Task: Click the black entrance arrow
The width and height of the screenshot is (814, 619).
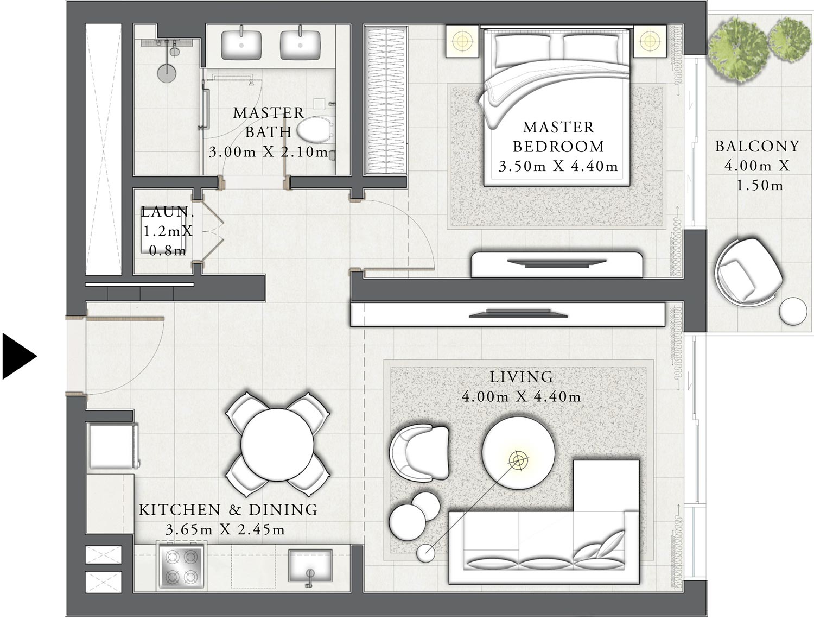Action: click(18, 356)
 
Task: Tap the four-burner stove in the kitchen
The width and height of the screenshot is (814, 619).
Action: click(181, 566)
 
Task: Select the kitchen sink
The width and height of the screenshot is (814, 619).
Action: click(310, 567)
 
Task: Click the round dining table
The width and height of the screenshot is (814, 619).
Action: click(277, 444)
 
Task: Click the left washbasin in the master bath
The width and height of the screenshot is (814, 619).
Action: click(241, 45)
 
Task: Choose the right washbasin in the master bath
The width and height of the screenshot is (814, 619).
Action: click(300, 45)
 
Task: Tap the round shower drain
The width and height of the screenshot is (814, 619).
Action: click(167, 73)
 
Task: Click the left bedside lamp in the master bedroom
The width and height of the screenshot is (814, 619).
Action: click(462, 40)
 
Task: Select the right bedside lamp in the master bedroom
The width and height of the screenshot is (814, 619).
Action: click(649, 40)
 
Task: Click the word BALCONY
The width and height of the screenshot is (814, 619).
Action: click(757, 146)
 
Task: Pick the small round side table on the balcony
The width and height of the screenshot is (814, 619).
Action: click(793, 311)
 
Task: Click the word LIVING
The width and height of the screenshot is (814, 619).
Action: click(521, 377)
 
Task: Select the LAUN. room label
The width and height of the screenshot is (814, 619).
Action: click(167, 212)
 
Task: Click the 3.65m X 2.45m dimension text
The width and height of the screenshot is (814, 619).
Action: click(225, 529)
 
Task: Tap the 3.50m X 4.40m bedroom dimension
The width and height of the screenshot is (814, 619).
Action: click(558, 166)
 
